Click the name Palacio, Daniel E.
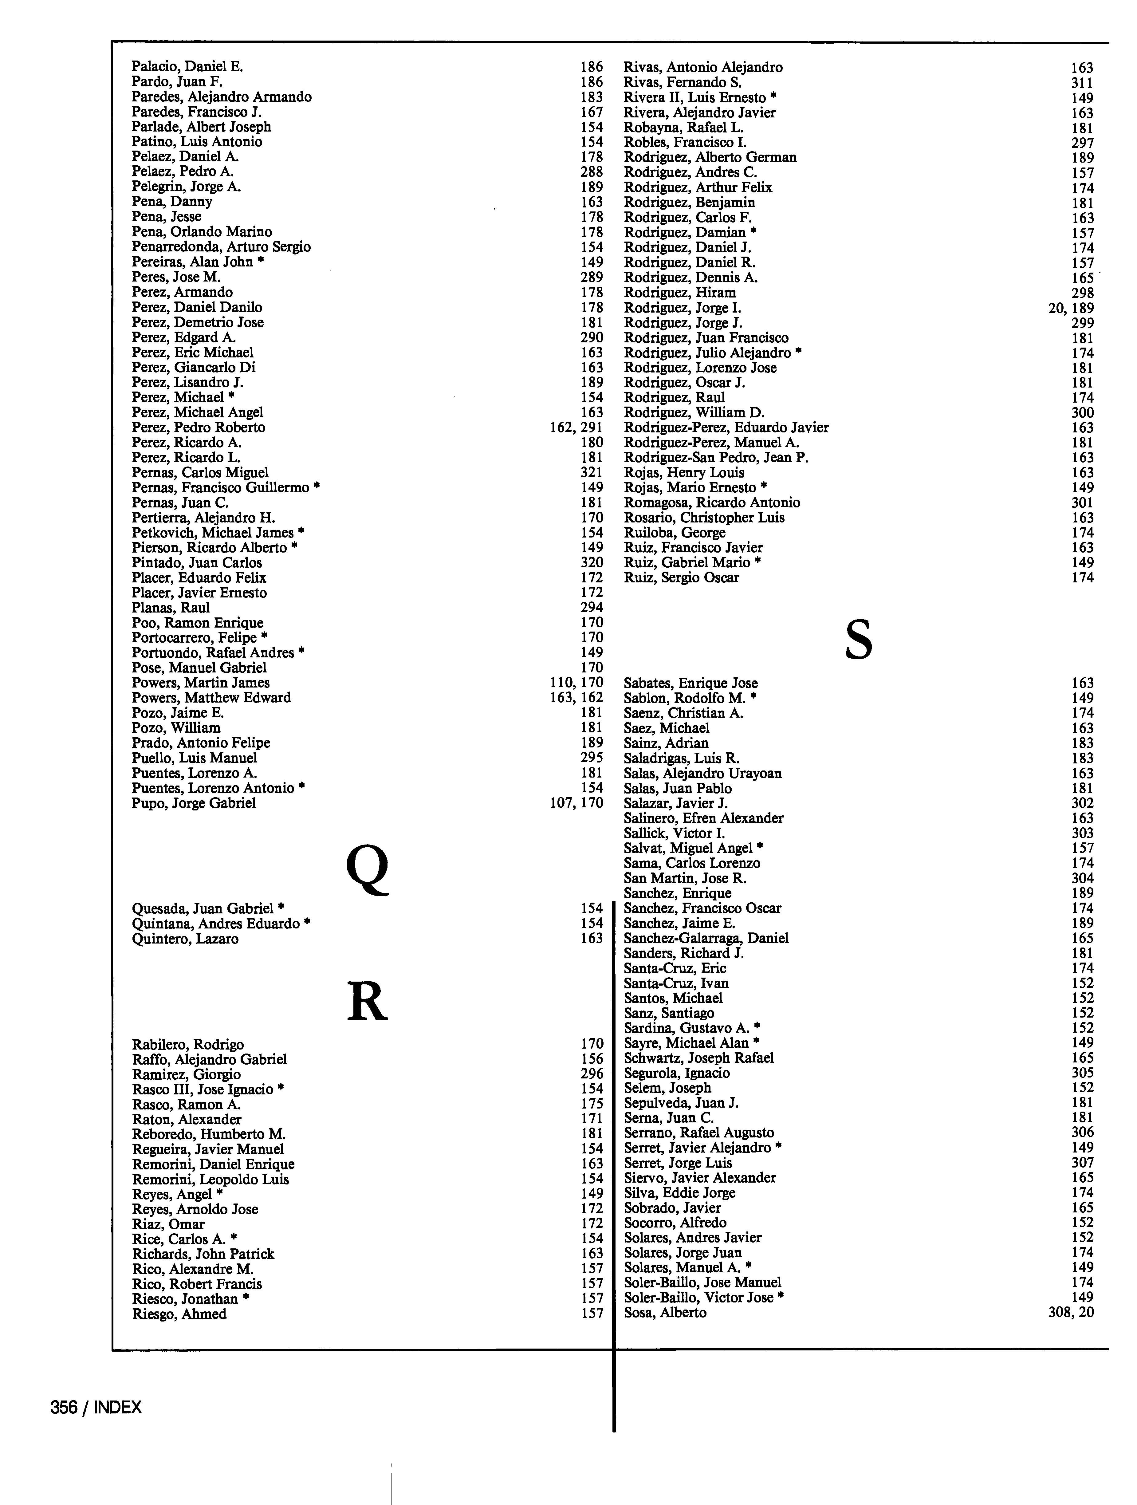coord(187,67)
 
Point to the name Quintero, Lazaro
coord(185,939)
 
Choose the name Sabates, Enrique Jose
coord(690,683)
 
